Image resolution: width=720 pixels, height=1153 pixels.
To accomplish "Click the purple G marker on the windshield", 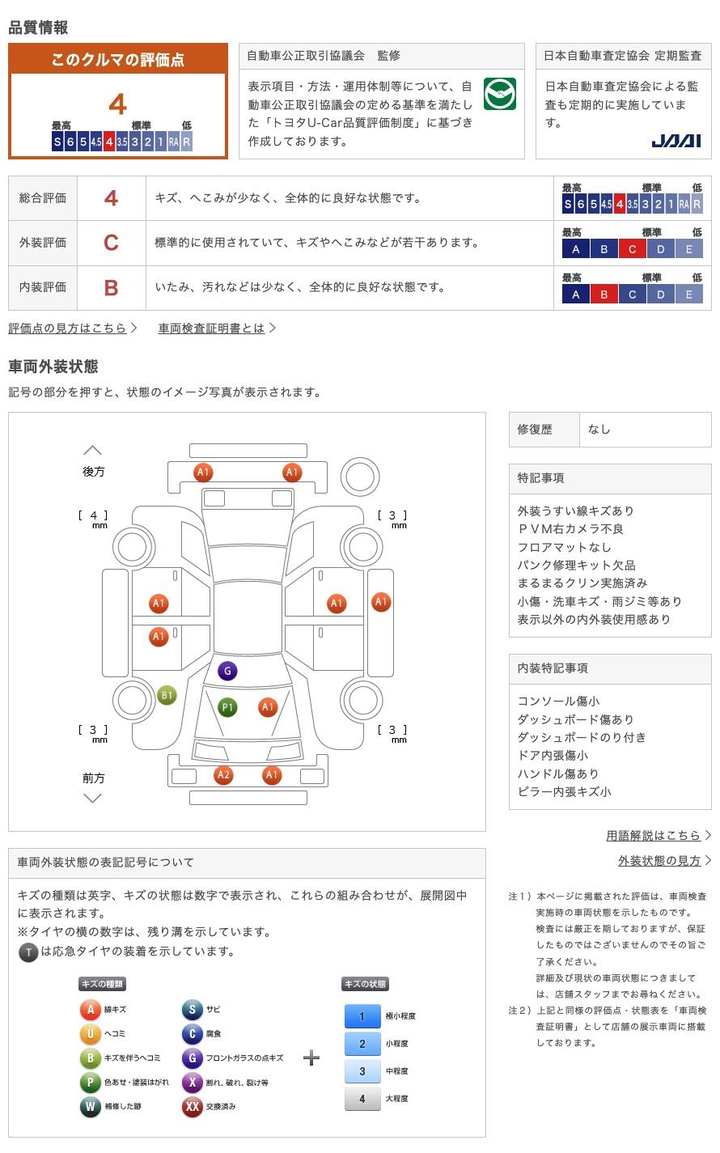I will pos(227,671).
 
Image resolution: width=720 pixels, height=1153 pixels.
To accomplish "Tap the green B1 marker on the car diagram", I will pos(167,695).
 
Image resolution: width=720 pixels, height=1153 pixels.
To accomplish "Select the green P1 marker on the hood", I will pos(227,708).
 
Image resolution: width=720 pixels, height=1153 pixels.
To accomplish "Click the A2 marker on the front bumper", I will pos(223,775).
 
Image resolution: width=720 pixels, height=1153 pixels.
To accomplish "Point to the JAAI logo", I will pos(676,141).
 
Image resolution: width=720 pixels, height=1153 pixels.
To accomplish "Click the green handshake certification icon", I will pos(499,94).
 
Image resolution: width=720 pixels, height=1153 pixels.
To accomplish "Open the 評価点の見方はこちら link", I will pos(68,328).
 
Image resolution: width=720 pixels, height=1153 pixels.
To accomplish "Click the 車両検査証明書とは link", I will pos(211,328).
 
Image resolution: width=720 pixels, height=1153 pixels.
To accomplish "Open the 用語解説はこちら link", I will pos(653,835).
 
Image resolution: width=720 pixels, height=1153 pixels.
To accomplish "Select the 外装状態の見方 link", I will pos(659,861).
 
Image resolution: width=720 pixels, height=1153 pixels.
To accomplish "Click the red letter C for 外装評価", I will pos(112,243).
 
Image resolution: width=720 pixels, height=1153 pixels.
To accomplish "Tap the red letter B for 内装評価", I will pos(112,287).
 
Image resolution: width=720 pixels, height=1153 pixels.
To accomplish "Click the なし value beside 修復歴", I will pos(599,430).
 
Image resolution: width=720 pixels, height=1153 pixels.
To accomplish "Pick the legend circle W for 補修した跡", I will pos(91,1106).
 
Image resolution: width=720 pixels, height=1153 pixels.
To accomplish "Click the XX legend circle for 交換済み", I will pos(192,1106).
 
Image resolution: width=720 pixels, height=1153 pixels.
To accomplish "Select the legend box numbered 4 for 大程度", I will pos(362,1099).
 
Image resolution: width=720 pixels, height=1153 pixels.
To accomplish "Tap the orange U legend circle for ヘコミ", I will pos(91,1033).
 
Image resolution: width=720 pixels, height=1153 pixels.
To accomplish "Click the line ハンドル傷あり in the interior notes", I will pos(558,774).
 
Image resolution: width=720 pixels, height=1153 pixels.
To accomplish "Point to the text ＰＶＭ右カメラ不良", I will pos(570,529).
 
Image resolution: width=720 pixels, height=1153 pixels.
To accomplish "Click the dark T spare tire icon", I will pos(28,952).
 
